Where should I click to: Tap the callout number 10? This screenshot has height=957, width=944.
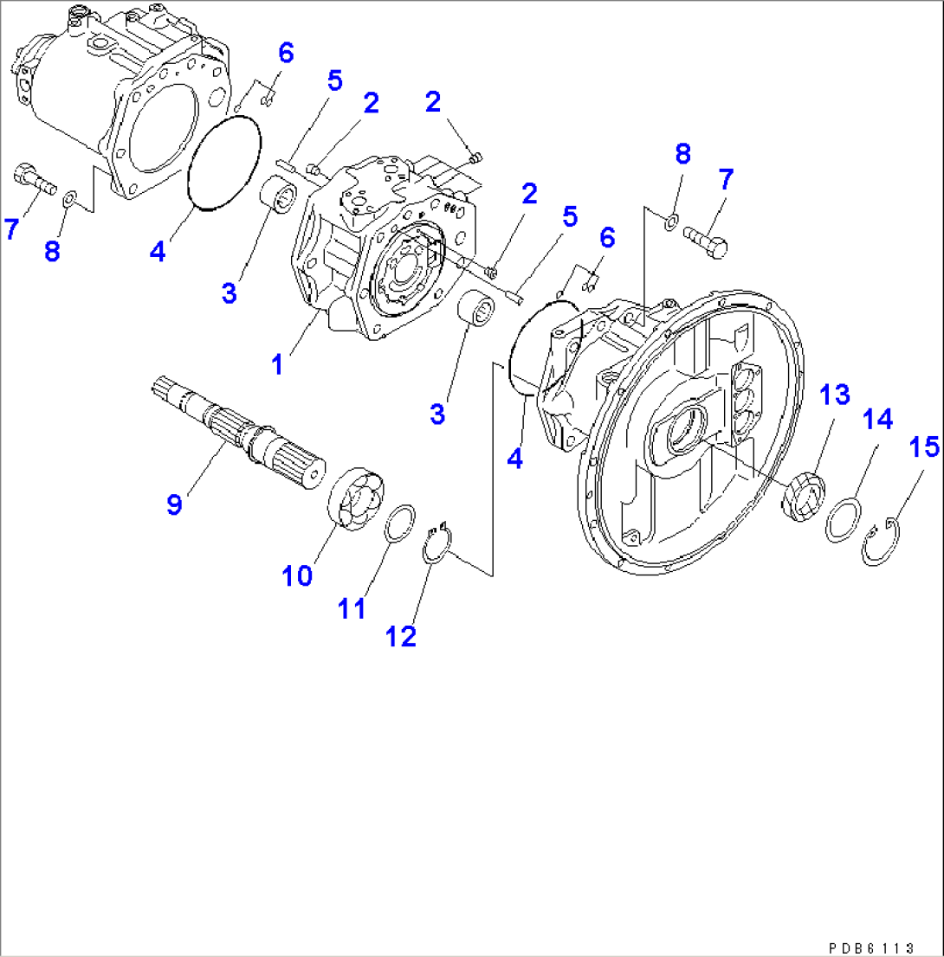click(298, 575)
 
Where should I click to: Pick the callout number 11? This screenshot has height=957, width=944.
click(352, 607)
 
